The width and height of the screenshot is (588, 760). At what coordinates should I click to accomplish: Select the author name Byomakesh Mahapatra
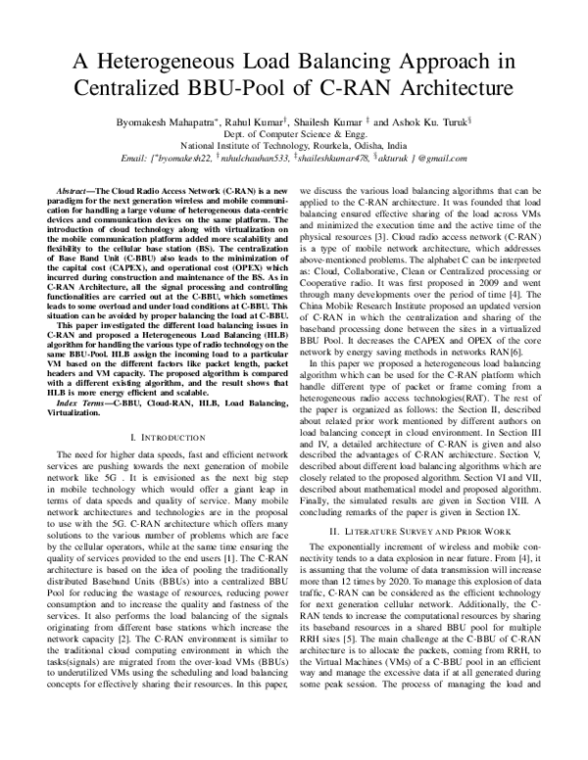[x=149, y=116]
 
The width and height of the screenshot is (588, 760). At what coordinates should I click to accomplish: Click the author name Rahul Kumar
[x=252, y=116]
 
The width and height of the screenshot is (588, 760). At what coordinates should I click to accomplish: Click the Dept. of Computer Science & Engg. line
[x=293, y=130]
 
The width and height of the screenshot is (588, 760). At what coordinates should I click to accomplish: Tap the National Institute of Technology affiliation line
[x=293, y=144]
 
